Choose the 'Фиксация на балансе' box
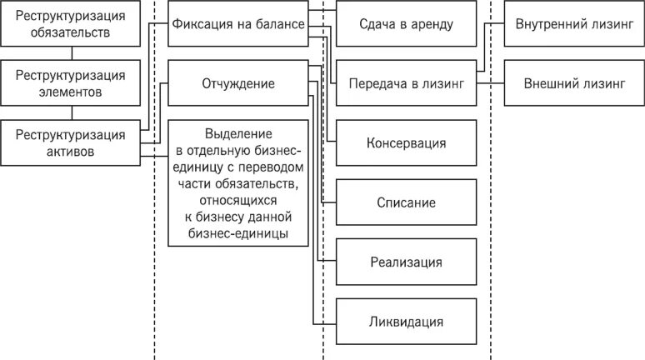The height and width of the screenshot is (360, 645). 237,23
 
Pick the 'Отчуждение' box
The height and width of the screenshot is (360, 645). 237,84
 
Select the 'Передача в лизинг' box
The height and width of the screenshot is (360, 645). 406,84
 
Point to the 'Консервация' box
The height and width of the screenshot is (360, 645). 406,142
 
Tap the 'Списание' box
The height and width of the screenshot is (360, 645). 406,202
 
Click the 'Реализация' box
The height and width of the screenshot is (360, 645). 406,262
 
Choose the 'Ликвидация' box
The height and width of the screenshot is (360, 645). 406,322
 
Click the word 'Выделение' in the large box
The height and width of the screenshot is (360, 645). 237,133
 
